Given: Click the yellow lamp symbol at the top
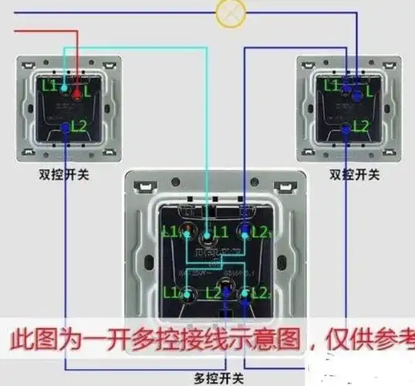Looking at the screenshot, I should (x=228, y=12).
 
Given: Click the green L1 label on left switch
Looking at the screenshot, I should (x=49, y=86).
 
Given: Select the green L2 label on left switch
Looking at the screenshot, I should (x=79, y=124).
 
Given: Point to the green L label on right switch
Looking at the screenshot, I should (x=369, y=91).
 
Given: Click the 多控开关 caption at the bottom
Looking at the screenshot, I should (x=219, y=378).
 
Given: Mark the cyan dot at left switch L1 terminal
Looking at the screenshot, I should (x=63, y=90).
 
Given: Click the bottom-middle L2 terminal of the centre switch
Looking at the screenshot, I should (x=224, y=293).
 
